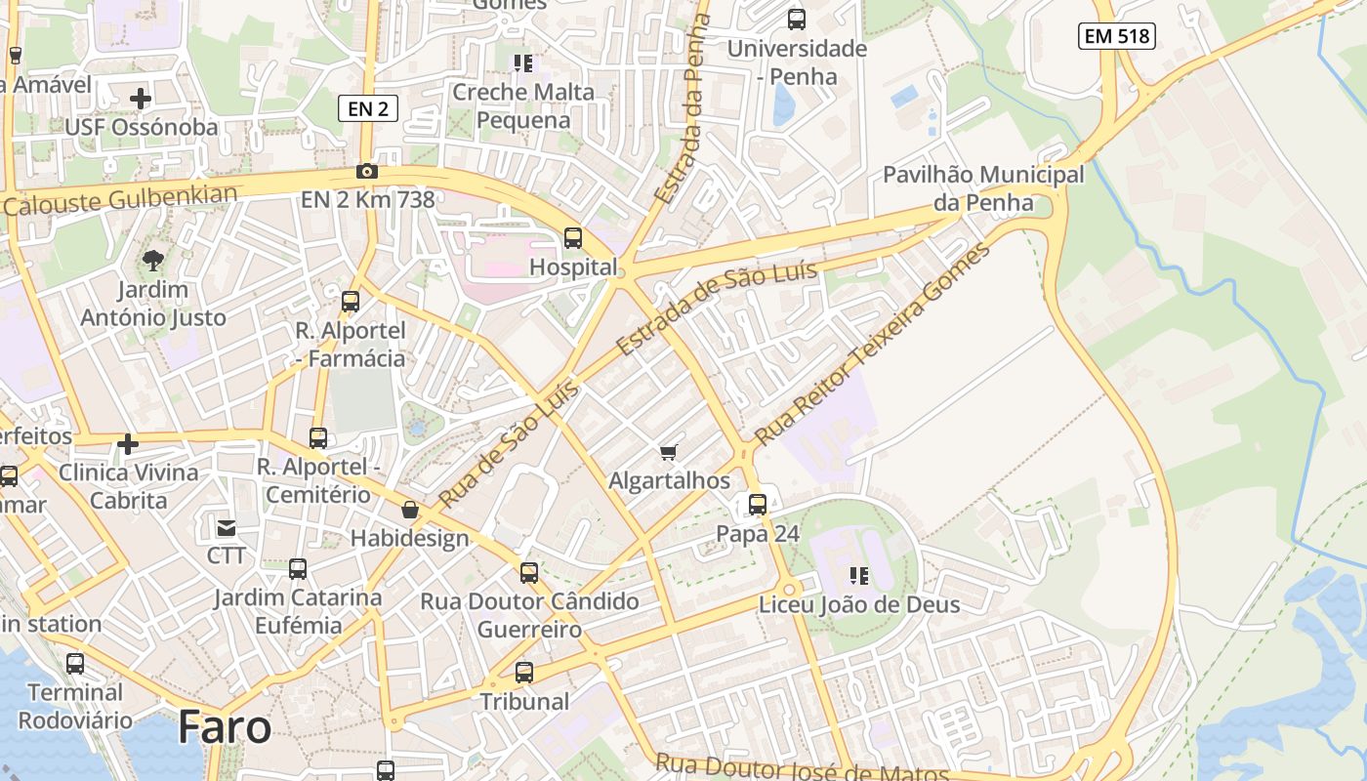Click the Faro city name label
coord(225,728)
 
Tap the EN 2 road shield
coord(368,108)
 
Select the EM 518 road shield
coord(1117,37)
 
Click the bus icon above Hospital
coord(573,238)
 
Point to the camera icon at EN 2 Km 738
coord(367,172)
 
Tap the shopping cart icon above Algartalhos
coord(669,452)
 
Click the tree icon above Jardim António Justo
coord(152,260)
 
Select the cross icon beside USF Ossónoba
coord(141,99)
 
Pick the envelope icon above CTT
coord(227,528)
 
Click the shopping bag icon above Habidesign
coord(410,510)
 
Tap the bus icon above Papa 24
coord(758,505)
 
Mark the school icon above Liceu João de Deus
coord(859,576)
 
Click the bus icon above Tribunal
coord(524,673)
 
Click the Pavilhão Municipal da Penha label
coord(983,188)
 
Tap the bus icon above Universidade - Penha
coord(797,20)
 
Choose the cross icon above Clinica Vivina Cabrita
coord(128,444)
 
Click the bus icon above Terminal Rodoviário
coord(75,664)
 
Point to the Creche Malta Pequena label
coord(523,106)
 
